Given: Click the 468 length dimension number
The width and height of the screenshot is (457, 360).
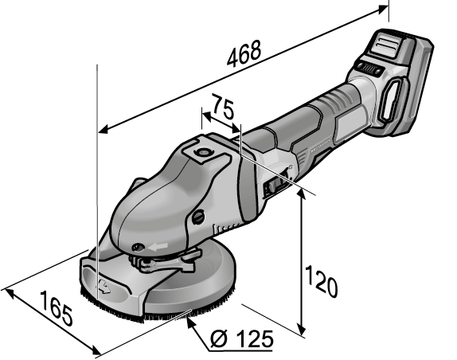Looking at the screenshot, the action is [244, 54].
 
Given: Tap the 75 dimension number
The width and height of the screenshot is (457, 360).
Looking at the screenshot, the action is [223, 106].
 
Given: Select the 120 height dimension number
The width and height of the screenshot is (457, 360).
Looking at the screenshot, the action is [321, 282].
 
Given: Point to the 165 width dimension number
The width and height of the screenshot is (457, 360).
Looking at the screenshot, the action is [56, 308].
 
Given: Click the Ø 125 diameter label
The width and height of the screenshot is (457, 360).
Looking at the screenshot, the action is [241, 339].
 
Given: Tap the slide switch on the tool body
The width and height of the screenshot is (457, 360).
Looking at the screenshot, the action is [272, 186].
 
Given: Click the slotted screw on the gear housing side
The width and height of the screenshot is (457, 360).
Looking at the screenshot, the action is [198, 217].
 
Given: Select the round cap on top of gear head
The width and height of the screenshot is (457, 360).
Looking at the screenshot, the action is [201, 152].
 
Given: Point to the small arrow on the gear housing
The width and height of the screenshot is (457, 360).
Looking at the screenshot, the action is [158, 247].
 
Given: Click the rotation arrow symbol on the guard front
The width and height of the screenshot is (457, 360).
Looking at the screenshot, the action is [104, 286].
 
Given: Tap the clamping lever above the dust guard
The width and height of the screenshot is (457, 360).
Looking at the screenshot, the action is [166, 261].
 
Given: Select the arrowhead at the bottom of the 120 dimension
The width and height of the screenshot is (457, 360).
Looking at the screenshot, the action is [302, 330].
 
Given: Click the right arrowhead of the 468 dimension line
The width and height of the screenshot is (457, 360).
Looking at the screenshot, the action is [382, 10].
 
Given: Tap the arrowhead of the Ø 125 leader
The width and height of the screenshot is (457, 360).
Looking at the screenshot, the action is [191, 321].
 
